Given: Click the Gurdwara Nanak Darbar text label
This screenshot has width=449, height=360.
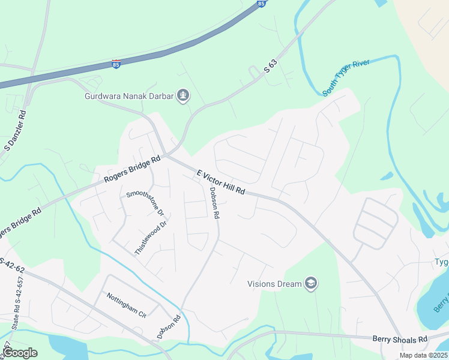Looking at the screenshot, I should tap(129, 95).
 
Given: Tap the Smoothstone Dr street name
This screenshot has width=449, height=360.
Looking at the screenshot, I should tap(145, 203).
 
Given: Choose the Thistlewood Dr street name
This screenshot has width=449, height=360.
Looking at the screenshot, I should tap(150, 238).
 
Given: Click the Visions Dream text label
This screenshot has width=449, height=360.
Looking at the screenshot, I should tap(274, 284).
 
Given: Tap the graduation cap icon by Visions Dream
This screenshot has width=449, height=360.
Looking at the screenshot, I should tap(310, 283).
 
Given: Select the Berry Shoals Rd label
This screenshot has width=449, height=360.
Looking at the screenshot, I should tap(399, 339).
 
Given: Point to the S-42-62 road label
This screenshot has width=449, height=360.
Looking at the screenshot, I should tap(12, 266).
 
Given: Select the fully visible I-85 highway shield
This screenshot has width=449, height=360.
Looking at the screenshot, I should tap(116, 64).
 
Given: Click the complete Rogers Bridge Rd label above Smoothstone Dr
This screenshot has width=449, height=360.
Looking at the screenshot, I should tap(132, 170).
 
